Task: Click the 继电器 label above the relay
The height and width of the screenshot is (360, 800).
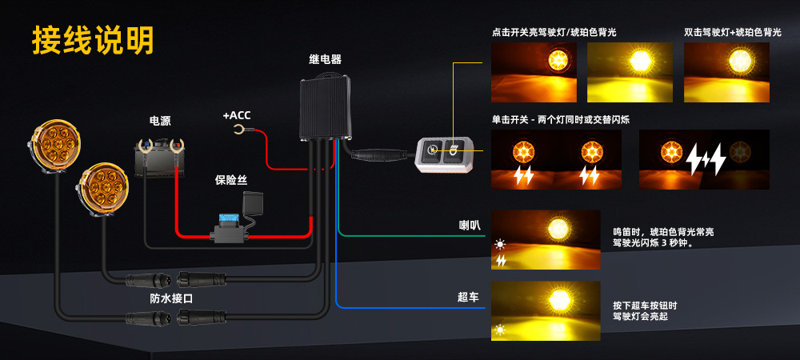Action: click(325, 59)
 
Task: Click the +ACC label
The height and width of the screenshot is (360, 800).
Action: click(236, 115)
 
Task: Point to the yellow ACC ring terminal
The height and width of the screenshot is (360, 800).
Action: click(238, 130)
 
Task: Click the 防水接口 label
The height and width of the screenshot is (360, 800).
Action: click(171, 298)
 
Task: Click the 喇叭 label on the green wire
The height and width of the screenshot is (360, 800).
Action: click(469, 226)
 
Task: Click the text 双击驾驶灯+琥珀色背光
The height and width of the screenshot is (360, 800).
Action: click(733, 33)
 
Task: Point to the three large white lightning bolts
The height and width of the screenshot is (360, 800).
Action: click(706, 160)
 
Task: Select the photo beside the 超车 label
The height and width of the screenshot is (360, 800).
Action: click(545, 310)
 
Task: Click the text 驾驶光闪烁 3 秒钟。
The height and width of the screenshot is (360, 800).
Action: click(652, 244)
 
